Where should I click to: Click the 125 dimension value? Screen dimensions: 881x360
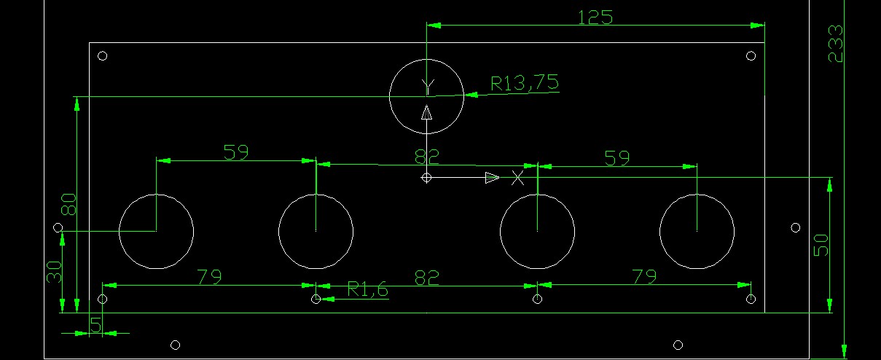(595, 17)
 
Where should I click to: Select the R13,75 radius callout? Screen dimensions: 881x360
(525, 83)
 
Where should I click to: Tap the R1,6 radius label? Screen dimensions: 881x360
(367, 290)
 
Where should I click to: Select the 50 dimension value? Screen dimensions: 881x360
(821, 246)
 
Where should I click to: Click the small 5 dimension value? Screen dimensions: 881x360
(96, 326)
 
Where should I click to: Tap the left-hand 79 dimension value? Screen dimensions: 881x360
(208, 277)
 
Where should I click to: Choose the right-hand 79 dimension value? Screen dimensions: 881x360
(644, 277)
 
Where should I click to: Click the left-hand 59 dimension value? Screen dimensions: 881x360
(236, 152)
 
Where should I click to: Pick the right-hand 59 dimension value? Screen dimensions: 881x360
(617, 157)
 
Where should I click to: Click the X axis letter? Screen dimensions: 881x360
(517, 178)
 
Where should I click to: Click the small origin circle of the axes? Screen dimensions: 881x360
(426, 178)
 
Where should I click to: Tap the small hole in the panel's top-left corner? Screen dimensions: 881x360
(102, 55)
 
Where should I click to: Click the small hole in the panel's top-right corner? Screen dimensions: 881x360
(751, 55)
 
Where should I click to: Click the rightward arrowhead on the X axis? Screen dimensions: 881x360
(492, 178)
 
